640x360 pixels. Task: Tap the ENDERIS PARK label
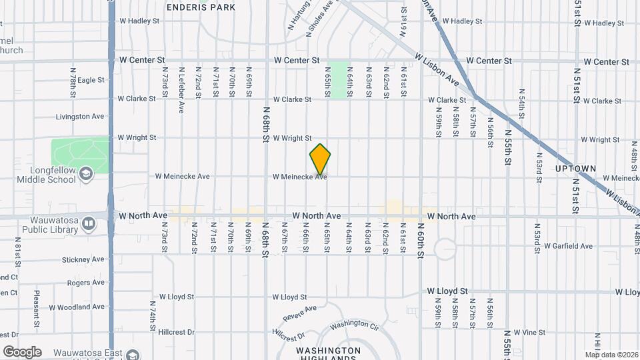[201, 7]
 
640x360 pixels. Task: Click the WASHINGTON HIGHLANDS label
[328, 354]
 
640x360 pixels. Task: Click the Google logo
[22, 352]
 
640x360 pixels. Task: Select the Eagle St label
[91, 80]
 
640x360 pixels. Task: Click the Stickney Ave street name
[83, 259]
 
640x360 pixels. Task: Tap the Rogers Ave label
[86, 283]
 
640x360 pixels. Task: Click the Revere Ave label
[299, 313]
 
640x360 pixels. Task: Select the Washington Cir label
[354, 325]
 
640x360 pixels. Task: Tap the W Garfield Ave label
[568, 246]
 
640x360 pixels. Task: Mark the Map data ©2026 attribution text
[611, 355]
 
